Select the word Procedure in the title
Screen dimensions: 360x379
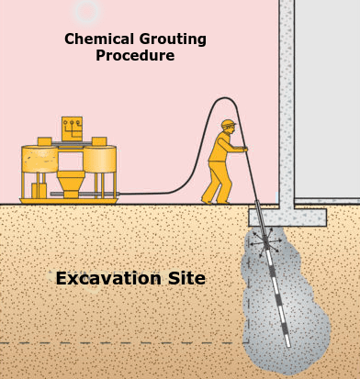click(x=135, y=56)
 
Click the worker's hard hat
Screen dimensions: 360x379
click(x=228, y=124)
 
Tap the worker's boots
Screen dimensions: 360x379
click(x=211, y=198)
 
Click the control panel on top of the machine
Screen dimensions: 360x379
click(x=73, y=128)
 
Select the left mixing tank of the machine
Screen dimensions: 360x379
click(x=40, y=162)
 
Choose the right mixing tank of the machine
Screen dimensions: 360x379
click(x=99, y=162)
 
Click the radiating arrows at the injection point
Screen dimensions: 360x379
click(x=267, y=241)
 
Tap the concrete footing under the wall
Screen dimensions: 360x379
click(x=287, y=217)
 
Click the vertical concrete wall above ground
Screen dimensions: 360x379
click(x=287, y=101)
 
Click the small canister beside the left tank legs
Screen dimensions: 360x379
click(x=39, y=190)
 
